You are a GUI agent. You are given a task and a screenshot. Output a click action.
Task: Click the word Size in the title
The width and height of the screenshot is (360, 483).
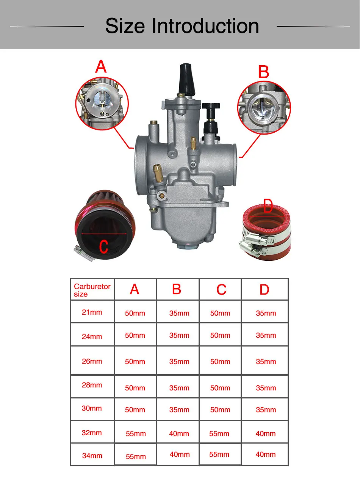tap(125, 26)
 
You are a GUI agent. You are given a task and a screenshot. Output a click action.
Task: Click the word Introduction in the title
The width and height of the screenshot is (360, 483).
tap(205, 26)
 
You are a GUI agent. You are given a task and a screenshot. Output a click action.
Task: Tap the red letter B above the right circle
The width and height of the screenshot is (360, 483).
tap(263, 72)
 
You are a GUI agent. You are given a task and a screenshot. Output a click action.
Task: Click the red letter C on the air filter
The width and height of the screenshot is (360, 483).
tap(103, 246)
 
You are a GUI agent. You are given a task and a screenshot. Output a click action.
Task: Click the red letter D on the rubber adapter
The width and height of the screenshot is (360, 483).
tap(268, 206)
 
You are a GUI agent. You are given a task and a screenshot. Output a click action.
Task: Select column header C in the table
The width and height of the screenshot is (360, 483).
tap(221, 289)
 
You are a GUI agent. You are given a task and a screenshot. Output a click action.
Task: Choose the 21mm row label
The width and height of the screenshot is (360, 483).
tap(92, 312)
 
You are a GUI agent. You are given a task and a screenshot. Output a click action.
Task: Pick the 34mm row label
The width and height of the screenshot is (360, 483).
tap(92, 455)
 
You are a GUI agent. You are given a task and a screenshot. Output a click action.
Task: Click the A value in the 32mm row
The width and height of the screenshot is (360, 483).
tap(136, 433)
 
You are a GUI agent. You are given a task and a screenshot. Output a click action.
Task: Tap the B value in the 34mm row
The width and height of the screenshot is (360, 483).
tap(180, 455)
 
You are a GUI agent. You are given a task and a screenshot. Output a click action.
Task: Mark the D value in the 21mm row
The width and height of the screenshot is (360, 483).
tap(266, 313)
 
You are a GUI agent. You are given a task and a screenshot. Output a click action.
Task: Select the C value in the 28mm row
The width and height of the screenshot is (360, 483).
tap(220, 388)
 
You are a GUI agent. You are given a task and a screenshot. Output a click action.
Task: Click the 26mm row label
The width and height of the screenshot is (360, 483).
tap(92, 361)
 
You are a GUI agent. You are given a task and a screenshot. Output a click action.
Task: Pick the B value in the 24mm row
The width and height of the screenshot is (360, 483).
tap(179, 336)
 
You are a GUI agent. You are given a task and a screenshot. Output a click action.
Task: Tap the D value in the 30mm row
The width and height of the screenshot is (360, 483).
tap(266, 410)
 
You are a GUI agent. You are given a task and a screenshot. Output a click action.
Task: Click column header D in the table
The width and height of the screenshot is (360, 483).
tap(265, 289)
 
